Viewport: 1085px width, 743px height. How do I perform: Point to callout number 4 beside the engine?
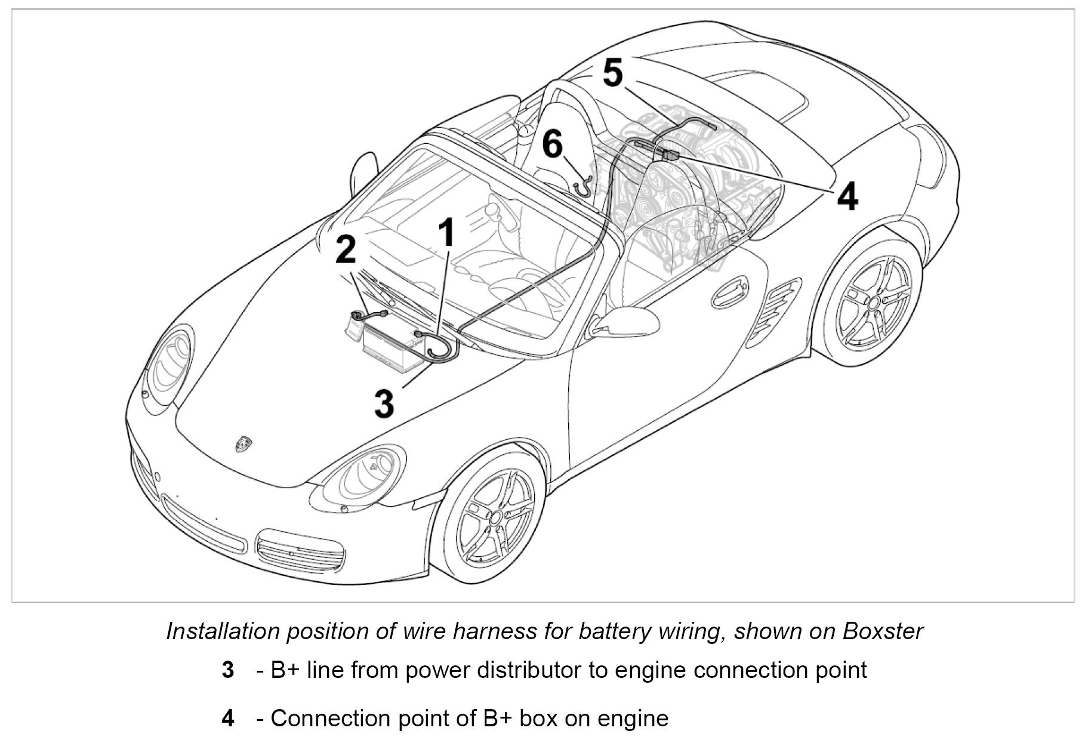point(847,196)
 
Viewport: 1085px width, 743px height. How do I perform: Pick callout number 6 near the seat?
point(553,145)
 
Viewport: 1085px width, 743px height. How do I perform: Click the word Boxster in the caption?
point(883,631)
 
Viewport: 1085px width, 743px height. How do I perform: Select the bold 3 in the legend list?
point(227,671)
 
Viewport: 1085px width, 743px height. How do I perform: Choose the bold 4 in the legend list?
point(227,719)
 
